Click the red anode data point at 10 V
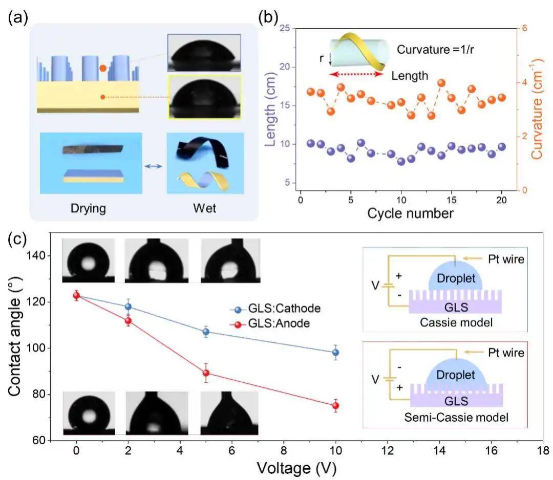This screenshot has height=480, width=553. (335, 406)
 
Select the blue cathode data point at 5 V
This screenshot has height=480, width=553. (206, 332)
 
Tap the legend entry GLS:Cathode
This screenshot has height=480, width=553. (275, 309)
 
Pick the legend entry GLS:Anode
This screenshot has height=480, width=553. (270, 323)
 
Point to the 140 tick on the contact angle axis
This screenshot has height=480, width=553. (36, 255)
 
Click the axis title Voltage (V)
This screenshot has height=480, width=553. (296, 468)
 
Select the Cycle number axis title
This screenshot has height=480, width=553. (410, 213)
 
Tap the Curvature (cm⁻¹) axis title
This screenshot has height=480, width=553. (537, 109)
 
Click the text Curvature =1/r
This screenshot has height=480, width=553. (435, 50)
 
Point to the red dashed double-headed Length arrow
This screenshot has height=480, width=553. (356, 74)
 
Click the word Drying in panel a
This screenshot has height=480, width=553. (88, 208)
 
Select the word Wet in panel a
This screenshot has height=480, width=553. (204, 208)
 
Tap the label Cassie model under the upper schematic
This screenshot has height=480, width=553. (456, 322)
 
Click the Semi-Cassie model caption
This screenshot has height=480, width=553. (456, 418)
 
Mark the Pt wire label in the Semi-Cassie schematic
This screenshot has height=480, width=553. (506, 353)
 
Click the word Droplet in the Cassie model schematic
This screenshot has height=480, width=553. (456, 278)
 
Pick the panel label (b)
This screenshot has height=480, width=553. (268, 17)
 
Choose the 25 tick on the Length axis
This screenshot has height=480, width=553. (285, 28)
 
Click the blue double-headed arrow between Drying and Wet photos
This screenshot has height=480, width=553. (154, 166)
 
